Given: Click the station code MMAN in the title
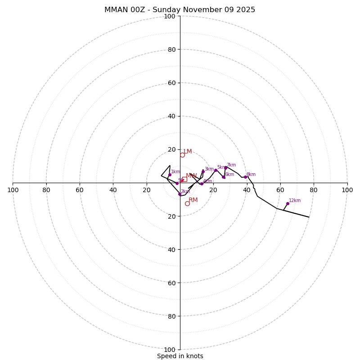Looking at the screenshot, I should [115, 10].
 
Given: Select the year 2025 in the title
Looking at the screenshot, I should [245, 10].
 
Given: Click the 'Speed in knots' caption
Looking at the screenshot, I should [180, 356].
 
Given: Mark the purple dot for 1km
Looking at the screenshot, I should [170, 175].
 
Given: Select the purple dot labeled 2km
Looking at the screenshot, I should [180, 194].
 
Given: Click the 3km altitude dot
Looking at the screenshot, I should [203, 171].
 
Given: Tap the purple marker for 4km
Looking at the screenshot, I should [202, 184].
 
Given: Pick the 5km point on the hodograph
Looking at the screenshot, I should [216, 170].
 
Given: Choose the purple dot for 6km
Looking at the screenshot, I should [223, 177].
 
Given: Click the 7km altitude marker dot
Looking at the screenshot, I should [225, 168].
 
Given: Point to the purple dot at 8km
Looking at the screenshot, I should [245, 177].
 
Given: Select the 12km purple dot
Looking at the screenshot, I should [288, 203].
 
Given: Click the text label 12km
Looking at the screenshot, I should [295, 201].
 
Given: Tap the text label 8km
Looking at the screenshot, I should [251, 175].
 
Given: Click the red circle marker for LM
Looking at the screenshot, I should [182, 155].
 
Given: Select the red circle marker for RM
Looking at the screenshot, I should [187, 203].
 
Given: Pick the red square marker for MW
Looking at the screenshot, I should [184, 179].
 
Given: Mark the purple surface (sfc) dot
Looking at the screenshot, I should [177, 183].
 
